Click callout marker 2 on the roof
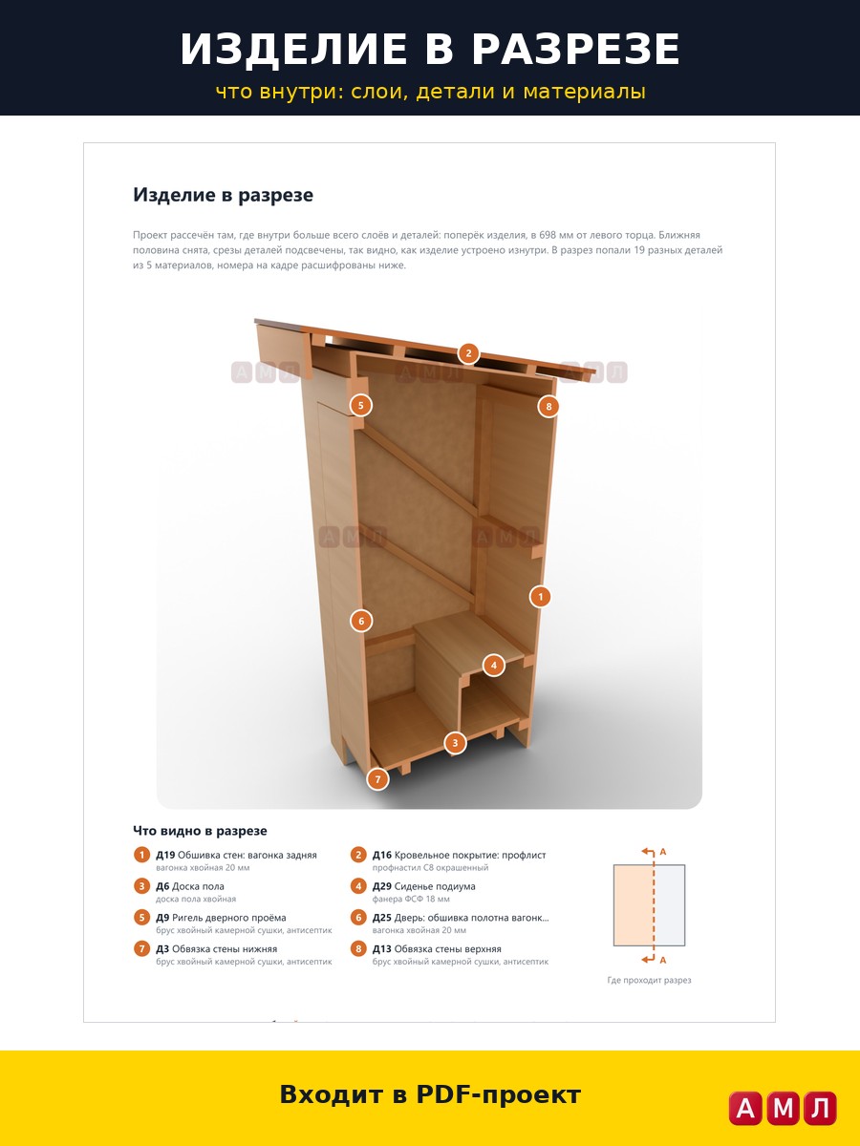pos(468,353)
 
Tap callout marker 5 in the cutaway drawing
pos(361,405)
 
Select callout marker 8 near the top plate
pos(548,406)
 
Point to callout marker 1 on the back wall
pos(541,596)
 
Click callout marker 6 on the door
pos(361,621)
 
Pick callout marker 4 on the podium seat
pos(494,665)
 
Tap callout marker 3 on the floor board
pos(456,742)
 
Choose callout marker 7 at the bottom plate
pos(378,779)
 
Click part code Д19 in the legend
pos(165,855)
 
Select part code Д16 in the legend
pos(381,855)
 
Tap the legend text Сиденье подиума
pos(435,886)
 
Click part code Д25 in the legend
pos(381,918)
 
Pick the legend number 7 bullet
pos(141,948)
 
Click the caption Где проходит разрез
pos(649,980)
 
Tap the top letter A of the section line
pos(663,852)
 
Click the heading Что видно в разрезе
pos(200,830)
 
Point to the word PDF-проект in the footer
pos(498,1095)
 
